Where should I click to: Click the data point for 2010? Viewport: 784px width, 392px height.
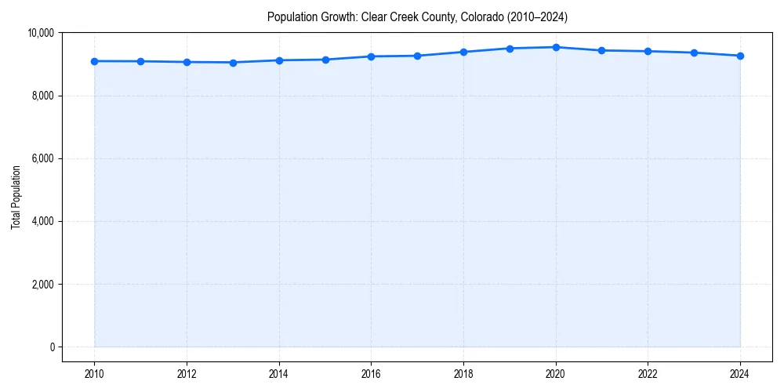pyautogui.click(x=94, y=61)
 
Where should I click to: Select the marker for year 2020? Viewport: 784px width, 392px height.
pyautogui.click(x=556, y=47)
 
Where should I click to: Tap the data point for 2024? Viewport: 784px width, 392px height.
pyautogui.click(x=740, y=56)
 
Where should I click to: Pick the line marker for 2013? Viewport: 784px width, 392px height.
pyautogui.click(x=233, y=63)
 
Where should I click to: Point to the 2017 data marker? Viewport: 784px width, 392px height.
pyautogui.click(x=417, y=56)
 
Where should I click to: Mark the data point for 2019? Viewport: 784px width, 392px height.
pyautogui.click(x=510, y=49)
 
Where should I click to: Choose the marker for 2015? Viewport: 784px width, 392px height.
pyautogui.click(x=325, y=60)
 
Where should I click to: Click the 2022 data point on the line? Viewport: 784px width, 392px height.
pyautogui.click(x=648, y=51)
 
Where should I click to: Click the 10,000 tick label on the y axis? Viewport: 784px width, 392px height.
pyautogui.click(x=40, y=33)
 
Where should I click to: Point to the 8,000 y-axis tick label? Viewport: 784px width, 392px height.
pyautogui.click(x=42, y=96)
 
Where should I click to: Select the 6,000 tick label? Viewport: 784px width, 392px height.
pyautogui.click(x=42, y=158)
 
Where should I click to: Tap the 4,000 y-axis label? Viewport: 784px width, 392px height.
pyautogui.click(x=42, y=221)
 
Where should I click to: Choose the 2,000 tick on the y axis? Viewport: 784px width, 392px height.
pyautogui.click(x=42, y=284)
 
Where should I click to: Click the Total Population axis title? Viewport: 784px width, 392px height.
pyautogui.click(x=16, y=197)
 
